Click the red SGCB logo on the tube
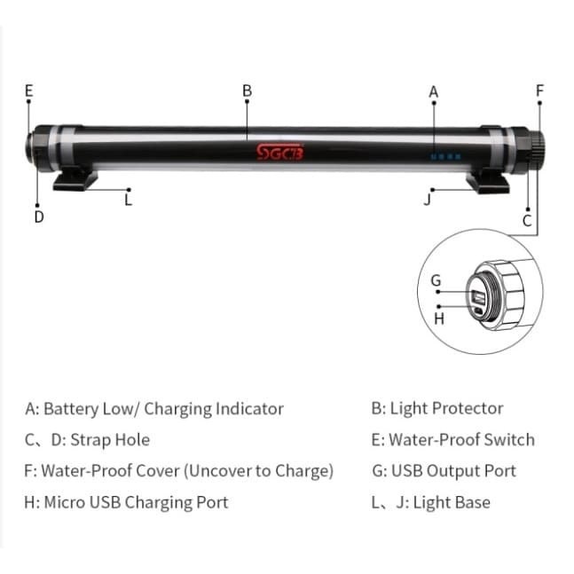pyautogui.click(x=279, y=152)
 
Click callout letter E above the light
pyautogui.click(x=28, y=90)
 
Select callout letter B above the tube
pyautogui.click(x=248, y=90)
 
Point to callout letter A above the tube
pyautogui.click(x=434, y=91)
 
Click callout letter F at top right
pyautogui.click(x=539, y=90)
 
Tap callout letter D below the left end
pyautogui.click(x=38, y=216)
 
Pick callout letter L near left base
pyautogui.click(x=129, y=200)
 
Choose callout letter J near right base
pyautogui.click(x=428, y=200)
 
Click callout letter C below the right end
pyautogui.click(x=527, y=221)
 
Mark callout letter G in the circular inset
pyautogui.click(x=436, y=280)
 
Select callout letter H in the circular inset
pyautogui.click(x=438, y=318)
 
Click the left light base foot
pyautogui.click(x=75, y=180)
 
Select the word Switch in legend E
pyautogui.click(x=508, y=440)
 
